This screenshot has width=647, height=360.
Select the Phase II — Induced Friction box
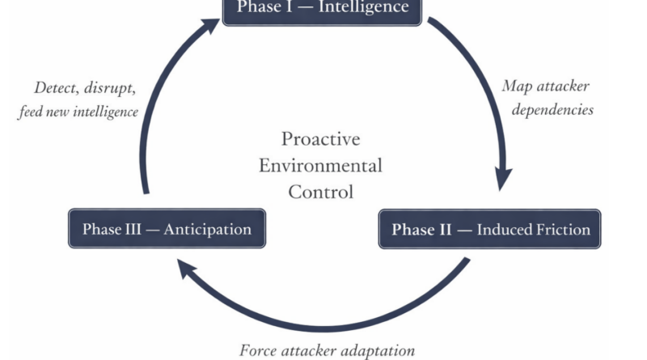490,229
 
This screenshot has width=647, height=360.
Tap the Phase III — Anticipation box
166,229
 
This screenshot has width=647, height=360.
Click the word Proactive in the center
320,139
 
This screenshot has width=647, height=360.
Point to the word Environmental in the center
320,166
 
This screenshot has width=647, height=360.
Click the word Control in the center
320,193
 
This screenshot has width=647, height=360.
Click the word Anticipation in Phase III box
207,229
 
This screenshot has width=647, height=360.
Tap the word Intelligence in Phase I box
363,8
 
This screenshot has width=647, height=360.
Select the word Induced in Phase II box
501,229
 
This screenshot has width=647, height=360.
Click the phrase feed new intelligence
78,111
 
